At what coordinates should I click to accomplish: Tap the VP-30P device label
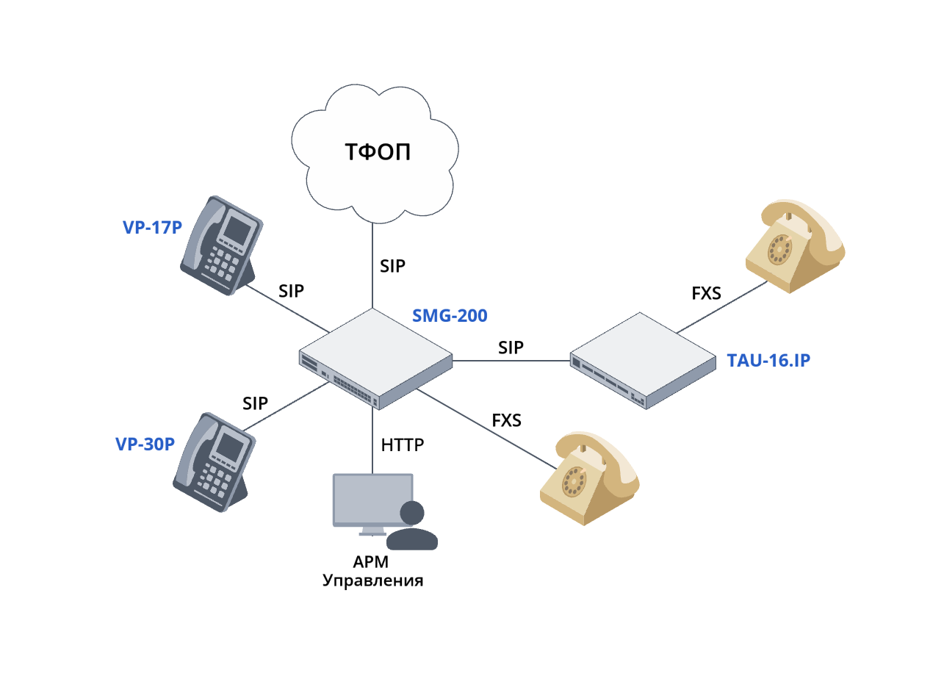[145, 444]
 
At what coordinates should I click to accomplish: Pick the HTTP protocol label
[403, 445]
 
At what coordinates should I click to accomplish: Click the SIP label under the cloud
[392, 266]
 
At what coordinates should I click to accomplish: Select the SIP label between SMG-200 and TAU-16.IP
[511, 348]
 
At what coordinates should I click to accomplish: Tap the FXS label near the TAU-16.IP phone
[706, 294]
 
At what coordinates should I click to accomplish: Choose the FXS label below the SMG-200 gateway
[506, 420]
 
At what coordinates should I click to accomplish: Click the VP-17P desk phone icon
[220, 245]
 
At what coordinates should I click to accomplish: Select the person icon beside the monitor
[412, 527]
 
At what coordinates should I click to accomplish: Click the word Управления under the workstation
[374, 580]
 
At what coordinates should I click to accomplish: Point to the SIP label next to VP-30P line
[255, 403]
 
